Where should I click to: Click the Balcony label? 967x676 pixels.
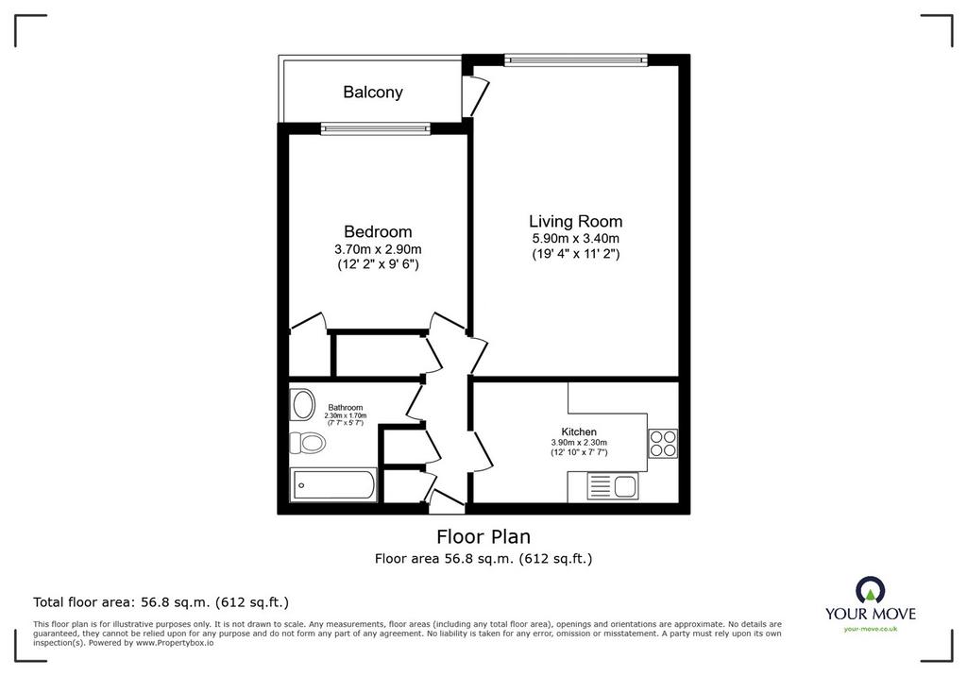[x=372, y=93]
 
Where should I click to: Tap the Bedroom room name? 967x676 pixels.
[x=378, y=232]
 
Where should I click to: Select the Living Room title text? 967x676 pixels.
[x=575, y=222]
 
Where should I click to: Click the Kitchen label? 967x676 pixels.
[x=579, y=431]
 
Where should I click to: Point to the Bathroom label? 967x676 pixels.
[x=346, y=407]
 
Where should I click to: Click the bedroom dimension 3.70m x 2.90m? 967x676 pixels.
[x=378, y=249]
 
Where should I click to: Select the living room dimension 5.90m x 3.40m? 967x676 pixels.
[x=575, y=239]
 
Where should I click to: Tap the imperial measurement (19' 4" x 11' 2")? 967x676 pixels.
[x=575, y=253]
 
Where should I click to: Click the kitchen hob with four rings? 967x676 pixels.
[x=663, y=444]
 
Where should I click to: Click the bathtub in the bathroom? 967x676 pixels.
[x=333, y=485]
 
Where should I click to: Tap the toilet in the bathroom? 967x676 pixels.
[x=308, y=442]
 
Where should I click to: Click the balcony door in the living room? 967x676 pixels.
[x=475, y=95]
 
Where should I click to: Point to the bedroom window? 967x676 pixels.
[x=376, y=129]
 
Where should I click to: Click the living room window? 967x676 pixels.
[x=576, y=59]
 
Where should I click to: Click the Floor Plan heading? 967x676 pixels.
[x=483, y=536]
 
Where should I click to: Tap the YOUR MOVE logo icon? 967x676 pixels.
[x=870, y=590]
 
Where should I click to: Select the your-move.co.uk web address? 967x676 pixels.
[x=871, y=629]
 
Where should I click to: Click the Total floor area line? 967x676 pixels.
[x=161, y=602]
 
